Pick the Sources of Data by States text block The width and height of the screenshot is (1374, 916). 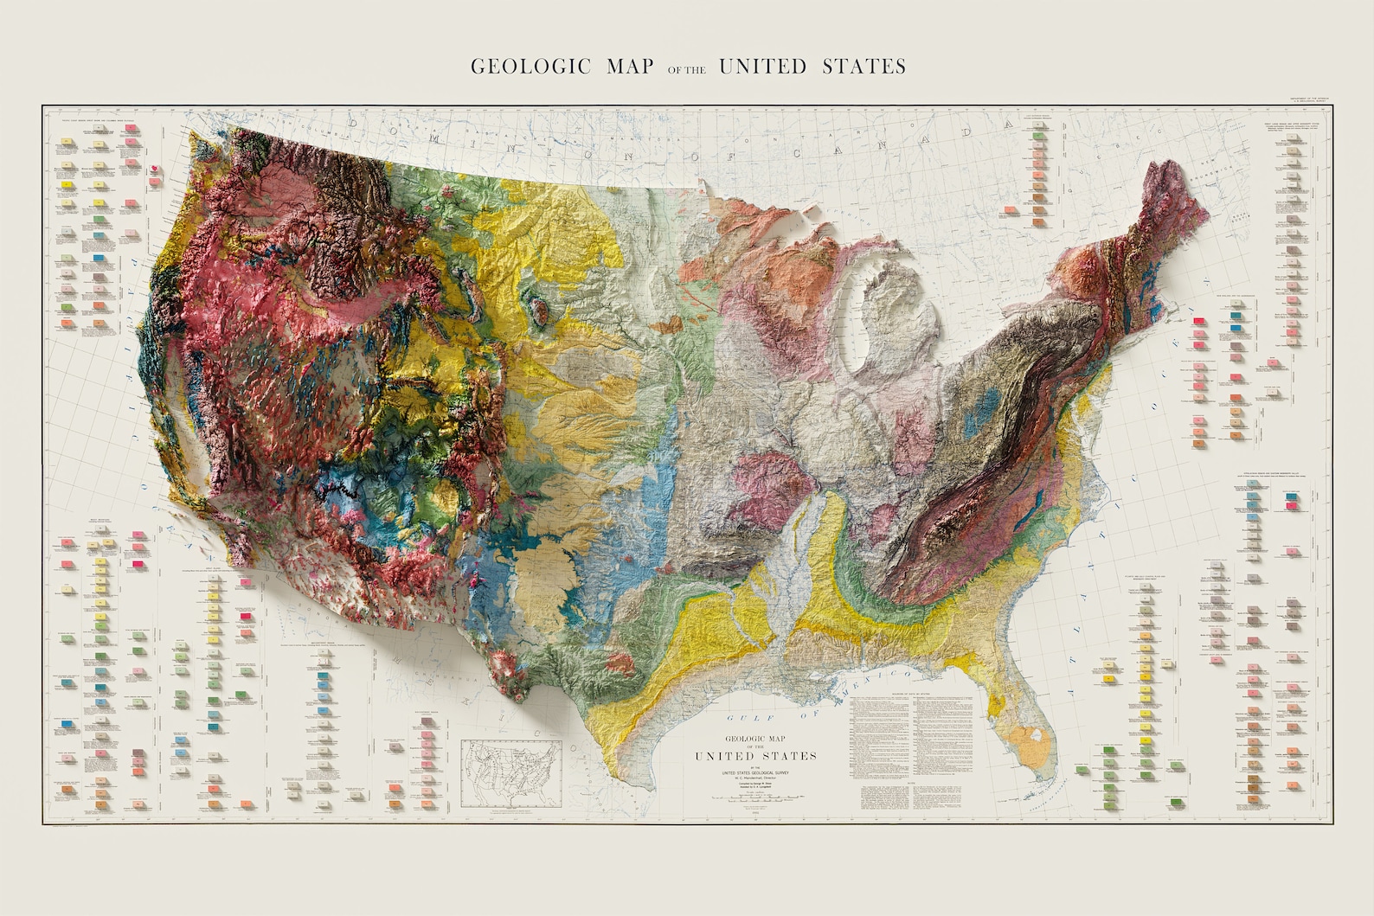tap(910, 744)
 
